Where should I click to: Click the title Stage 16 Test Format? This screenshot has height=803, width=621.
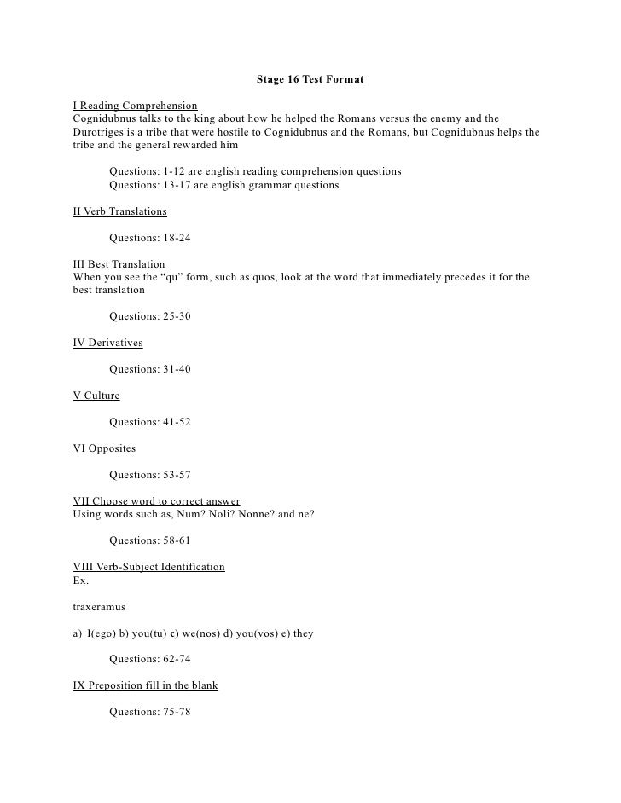click(310, 80)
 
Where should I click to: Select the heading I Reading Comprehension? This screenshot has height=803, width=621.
click(136, 106)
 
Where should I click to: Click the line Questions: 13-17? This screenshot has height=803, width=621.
click(223, 185)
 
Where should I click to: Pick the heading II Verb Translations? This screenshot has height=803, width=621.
click(120, 211)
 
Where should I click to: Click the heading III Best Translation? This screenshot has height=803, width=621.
click(119, 264)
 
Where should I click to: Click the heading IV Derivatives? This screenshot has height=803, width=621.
click(108, 343)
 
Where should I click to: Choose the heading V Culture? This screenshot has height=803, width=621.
click(96, 396)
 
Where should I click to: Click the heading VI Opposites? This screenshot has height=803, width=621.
click(104, 448)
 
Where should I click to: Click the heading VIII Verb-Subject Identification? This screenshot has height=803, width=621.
click(149, 567)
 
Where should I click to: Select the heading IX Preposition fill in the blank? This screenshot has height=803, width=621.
click(146, 685)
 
